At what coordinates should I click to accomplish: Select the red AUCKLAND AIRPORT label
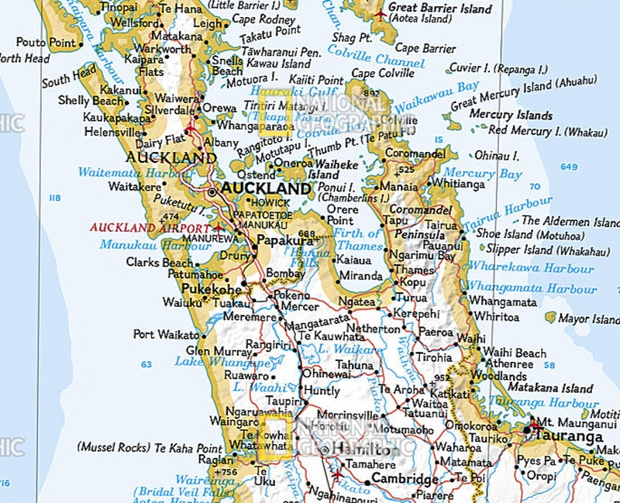point(150,228)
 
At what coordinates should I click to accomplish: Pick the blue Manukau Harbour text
point(155,246)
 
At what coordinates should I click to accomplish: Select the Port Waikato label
point(166,335)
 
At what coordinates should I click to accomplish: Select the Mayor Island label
point(589,319)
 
